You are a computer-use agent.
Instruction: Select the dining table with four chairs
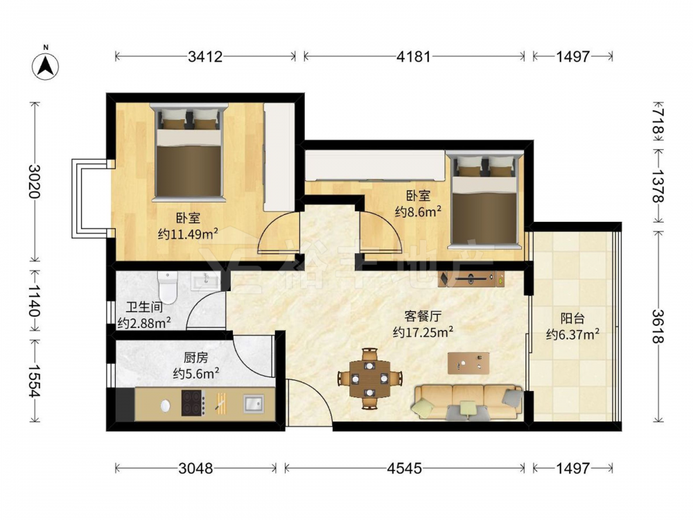pyautogui.click(x=370, y=379)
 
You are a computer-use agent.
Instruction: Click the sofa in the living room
pyautogui.click(x=468, y=402)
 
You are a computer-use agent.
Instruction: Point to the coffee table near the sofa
pyautogui.click(x=468, y=363)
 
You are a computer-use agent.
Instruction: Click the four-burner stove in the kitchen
pyautogui.click(x=193, y=403)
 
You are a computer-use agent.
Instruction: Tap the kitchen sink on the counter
pyautogui.click(x=253, y=404)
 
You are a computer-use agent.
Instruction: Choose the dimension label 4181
pyautogui.click(x=413, y=56)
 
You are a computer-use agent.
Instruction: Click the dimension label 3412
pyautogui.click(x=205, y=56)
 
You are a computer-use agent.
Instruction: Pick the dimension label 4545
pyautogui.click(x=405, y=468)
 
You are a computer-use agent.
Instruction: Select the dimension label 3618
pyautogui.click(x=658, y=326)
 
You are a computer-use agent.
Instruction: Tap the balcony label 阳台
pyautogui.click(x=572, y=318)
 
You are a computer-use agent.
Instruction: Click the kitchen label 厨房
pyautogui.click(x=196, y=357)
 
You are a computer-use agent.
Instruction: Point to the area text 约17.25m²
pyautogui.click(x=423, y=331)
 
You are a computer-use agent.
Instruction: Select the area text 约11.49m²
pyautogui.click(x=188, y=234)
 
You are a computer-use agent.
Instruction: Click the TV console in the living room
pyautogui.click(x=471, y=279)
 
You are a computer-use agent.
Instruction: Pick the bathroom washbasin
pyautogui.click(x=204, y=280)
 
